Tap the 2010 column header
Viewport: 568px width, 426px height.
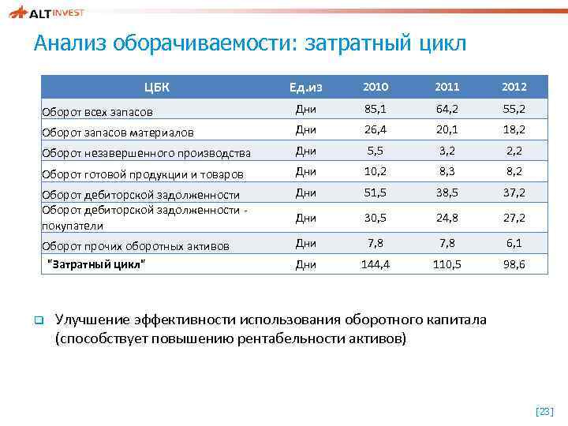tap(376, 87)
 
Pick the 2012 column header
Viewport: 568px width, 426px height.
tap(514, 87)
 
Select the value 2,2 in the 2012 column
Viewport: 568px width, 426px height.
tap(514, 151)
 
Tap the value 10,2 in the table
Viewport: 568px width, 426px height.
tap(376, 171)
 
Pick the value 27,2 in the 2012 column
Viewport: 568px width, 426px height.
tap(514, 218)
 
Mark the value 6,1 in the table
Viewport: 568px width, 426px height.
tap(514, 244)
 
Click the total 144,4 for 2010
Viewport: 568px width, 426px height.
tap(376, 264)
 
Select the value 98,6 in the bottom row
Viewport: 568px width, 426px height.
tap(514, 264)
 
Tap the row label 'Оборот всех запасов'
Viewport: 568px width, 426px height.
tap(97, 112)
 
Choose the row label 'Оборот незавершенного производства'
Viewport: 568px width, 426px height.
tap(146, 153)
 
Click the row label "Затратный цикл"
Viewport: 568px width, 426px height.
tap(97, 263)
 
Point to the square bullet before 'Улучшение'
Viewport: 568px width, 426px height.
tap(36, 320)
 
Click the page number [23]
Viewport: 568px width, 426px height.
tap(544, 411)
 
